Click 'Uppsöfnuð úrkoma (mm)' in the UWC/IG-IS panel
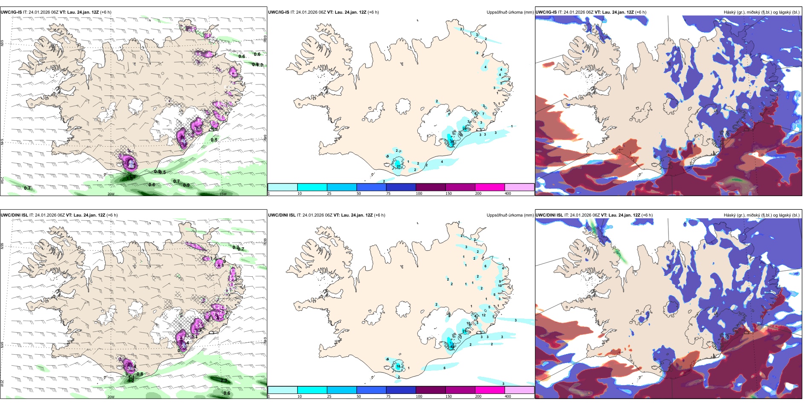(510, 12)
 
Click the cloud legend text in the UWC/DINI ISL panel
(761, 215)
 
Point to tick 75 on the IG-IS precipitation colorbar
(388, 194)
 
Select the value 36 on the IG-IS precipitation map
(452, 142)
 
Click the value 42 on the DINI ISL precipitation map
(452, 347)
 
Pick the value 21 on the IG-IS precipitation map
(399, 167)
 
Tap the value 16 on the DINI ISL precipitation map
(398, 366)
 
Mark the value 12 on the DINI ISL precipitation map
(483, 315)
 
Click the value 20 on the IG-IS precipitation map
(464, 129)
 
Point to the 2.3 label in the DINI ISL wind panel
(224, 380)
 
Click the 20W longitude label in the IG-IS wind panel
(111, 194)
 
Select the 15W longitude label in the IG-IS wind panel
(223, 194)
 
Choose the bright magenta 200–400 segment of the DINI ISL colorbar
(489, 390)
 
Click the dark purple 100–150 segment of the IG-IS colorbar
(430, 187)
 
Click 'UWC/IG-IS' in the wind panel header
(11, 12)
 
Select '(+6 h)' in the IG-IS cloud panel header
(640, 12)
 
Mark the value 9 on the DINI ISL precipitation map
(500, 281)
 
